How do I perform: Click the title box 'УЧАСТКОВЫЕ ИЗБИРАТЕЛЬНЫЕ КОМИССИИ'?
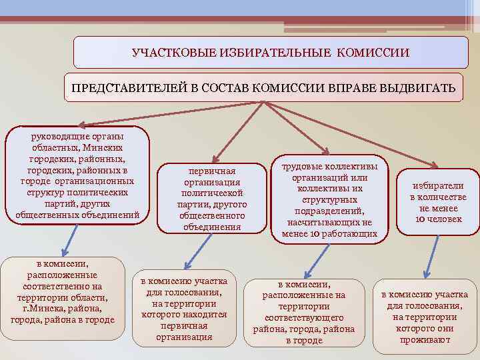coord(271,52)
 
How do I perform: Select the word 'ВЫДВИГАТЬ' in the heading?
coord(421,88)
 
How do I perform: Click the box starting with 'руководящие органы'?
coord(77,174)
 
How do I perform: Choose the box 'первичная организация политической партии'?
coord(212,198)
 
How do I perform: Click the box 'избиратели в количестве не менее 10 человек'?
coord(437,201)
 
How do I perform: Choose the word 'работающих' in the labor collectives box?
coord(350,233)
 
